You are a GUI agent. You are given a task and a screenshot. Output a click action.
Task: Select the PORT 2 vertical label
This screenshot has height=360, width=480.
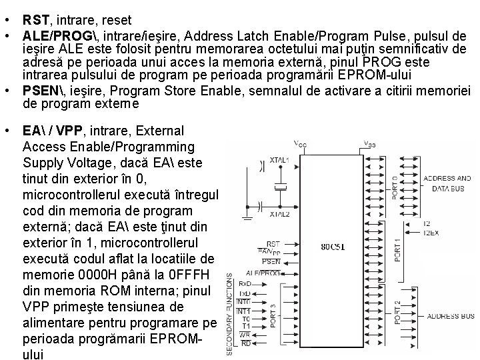coord(397,313)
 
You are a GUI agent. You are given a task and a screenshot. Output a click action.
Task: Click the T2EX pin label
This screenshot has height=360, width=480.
coord(432,232)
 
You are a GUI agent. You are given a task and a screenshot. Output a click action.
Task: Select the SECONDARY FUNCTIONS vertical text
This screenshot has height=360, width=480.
coord(231,313)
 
